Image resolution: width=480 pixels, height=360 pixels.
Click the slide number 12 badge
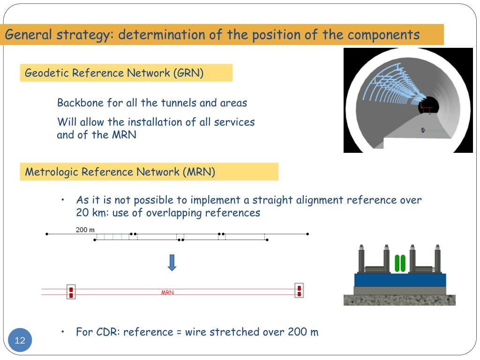point(20,340)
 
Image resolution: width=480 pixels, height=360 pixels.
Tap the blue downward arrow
point(172,262)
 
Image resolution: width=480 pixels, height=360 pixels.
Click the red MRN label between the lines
point(167,292)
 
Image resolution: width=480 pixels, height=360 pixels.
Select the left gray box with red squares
point(71,292)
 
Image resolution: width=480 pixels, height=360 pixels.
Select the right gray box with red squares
point(299,291)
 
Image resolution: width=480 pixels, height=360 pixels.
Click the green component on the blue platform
point(399,263)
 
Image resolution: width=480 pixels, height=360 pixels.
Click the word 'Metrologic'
point(52,172)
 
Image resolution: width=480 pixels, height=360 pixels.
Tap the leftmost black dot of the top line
point(46,233)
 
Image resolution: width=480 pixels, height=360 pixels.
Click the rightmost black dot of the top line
point(307,233)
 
